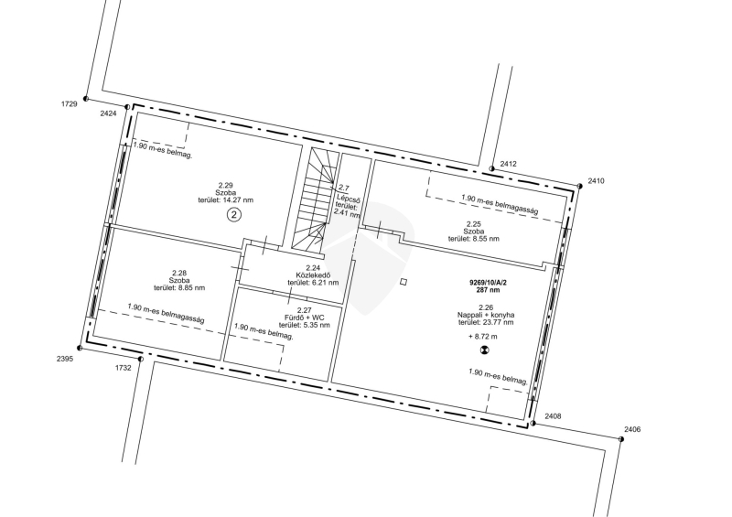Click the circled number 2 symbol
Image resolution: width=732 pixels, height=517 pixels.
(x=234, y=215)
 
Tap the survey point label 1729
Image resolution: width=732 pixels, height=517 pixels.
(x=70, y=104)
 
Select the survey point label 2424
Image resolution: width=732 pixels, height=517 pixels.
(x=108, y=113)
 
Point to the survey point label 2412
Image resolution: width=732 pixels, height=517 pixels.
(x=509, y=164)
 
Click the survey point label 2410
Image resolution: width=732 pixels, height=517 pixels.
(x=597, y=181)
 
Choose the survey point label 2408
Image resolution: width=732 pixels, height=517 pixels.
(x=553, y=416)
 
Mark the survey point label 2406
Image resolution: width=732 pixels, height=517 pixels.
(x=632, y=429)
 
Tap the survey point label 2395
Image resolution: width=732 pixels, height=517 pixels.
(x=65, y=359)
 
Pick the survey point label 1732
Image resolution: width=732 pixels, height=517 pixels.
(x=124, y=368)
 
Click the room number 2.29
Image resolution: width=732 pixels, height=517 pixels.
(x=225, y=186)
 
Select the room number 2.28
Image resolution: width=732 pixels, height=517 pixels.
(x=179, y=273)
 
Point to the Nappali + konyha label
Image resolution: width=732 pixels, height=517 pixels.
(x=486, y=315)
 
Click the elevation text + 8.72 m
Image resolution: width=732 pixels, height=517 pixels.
(x=483, y=336)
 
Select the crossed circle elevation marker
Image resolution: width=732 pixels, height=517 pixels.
(x=485, y=350)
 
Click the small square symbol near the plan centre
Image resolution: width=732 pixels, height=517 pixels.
(x=404, y=282)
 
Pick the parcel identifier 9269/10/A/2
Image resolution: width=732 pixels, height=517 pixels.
(x=488, y=283)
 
